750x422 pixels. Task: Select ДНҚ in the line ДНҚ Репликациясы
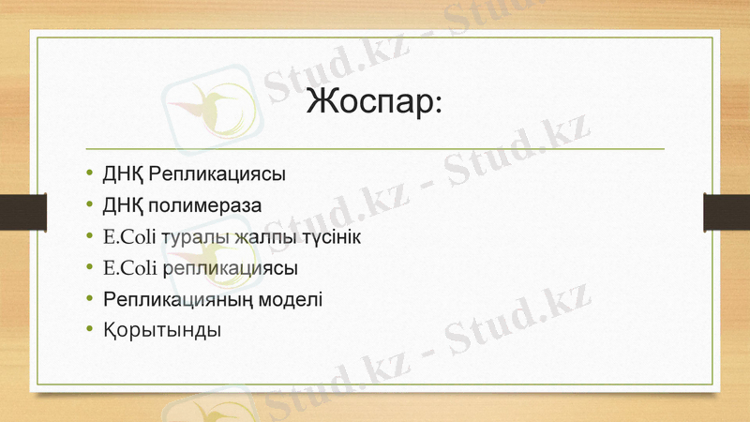[x=122, y=173]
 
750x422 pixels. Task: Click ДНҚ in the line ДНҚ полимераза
[x=122, y=204]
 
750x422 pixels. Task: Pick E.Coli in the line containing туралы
[x=129, y=236]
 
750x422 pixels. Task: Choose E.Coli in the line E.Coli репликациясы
[x=129, y=268]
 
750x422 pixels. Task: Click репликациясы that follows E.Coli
[x=231, y=268]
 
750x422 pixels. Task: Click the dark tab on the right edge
[x=727, y=211]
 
